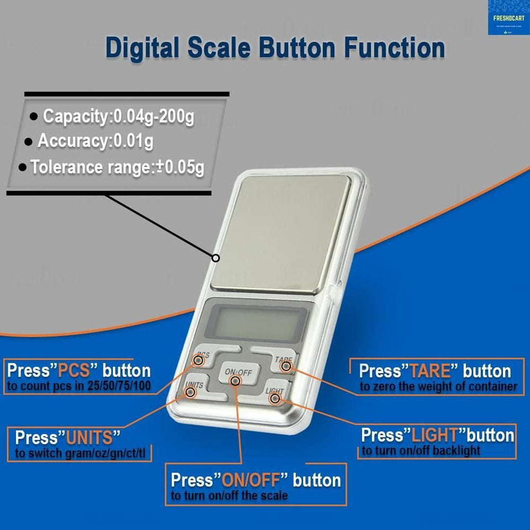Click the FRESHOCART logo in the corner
[x=508, y=18]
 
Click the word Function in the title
[x=395, y=48]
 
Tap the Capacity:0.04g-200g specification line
[x=118, y=117]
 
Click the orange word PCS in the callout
[x=73, y=370]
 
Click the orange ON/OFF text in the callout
[x=251, y=480]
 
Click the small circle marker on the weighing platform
[x=216, y=257]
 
